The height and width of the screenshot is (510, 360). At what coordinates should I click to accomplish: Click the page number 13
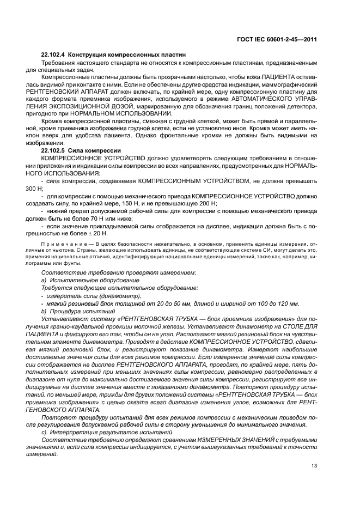pos(314,465)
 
